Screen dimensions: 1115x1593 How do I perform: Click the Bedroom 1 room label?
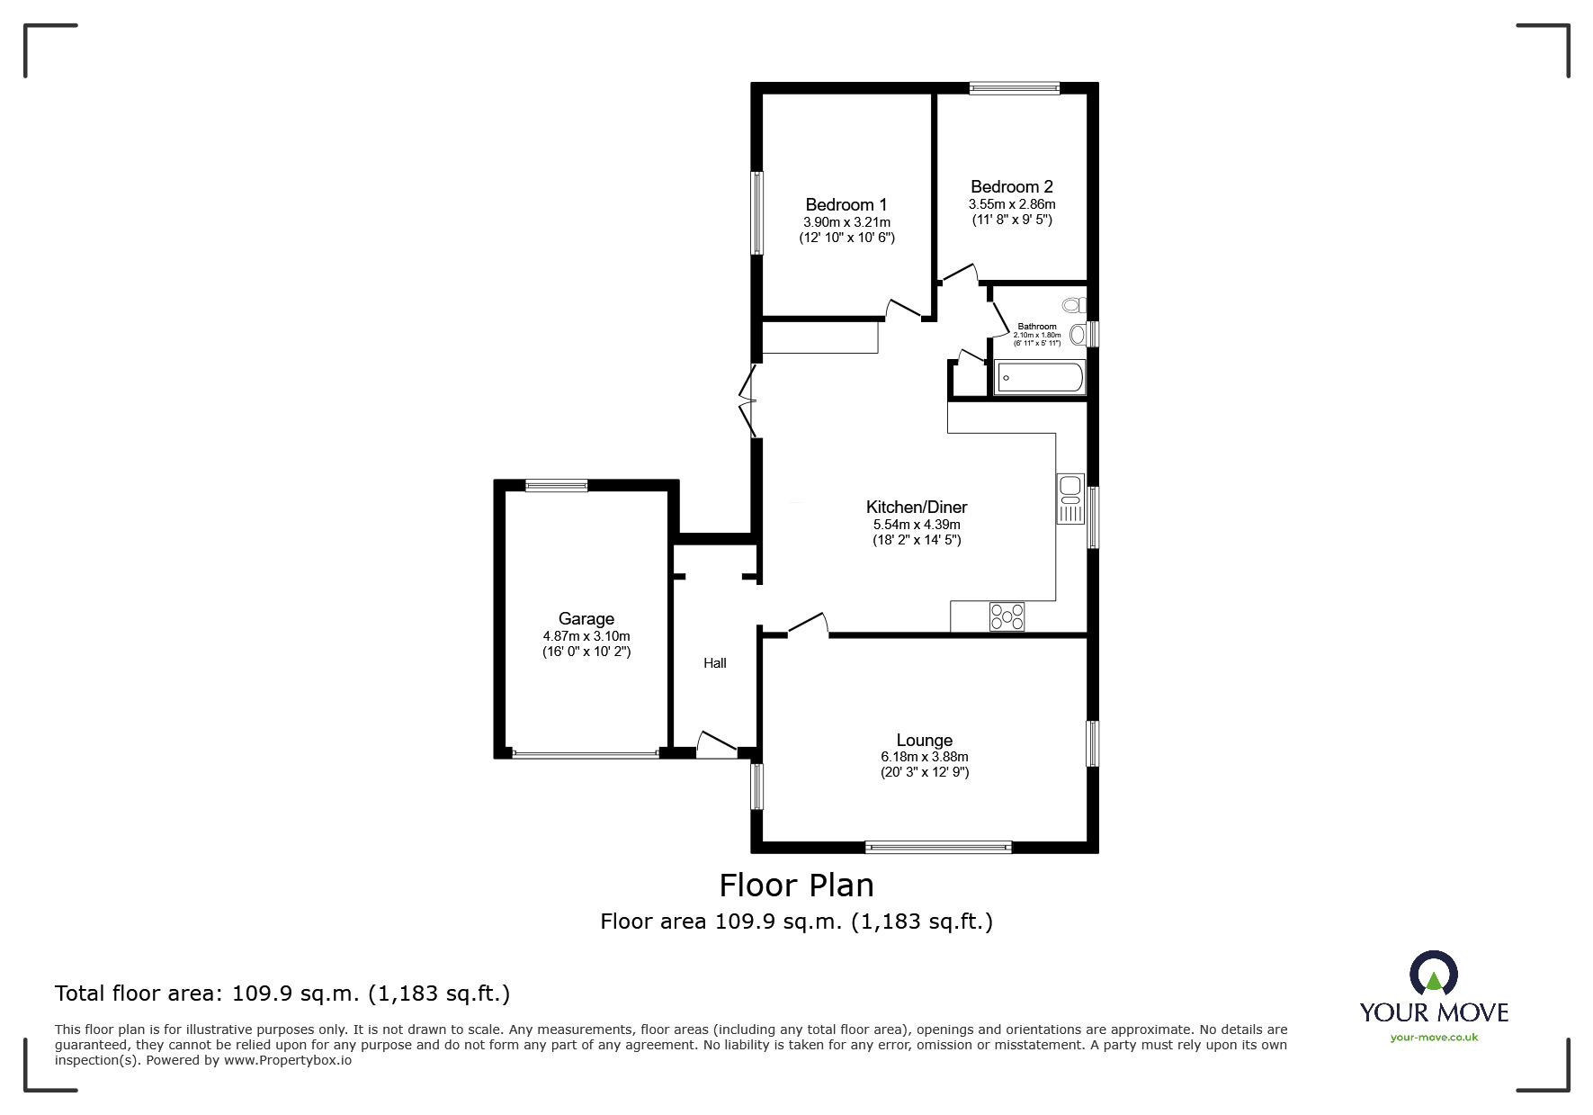(846, 205)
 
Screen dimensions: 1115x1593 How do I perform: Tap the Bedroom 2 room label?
(1011, 187)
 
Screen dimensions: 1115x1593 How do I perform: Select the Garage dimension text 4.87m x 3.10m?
(586, 636)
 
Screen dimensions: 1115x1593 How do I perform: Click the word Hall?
(714, 663)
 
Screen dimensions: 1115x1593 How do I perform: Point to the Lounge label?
(924, 741)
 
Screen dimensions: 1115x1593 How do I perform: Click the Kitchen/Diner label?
(916, 508)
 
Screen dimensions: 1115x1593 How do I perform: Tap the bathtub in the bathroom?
(1039, 378)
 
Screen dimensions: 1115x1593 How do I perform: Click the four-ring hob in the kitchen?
(1007, 616)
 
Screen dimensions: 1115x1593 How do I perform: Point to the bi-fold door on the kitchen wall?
(747, 401)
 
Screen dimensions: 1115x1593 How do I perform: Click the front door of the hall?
(716, 744)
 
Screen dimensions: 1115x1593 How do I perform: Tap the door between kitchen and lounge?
(808, 625)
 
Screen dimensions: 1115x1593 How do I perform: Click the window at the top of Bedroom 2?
(1014, 88)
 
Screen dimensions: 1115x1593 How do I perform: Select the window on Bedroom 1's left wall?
(757, 212)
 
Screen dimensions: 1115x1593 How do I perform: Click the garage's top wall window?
(556, 486)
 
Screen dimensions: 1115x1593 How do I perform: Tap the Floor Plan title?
(796, 886)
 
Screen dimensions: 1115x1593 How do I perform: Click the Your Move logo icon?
(1433, 974)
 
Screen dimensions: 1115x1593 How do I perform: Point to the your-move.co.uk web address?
(1434, 1038)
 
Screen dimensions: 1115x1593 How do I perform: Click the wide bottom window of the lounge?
(938, 847)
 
